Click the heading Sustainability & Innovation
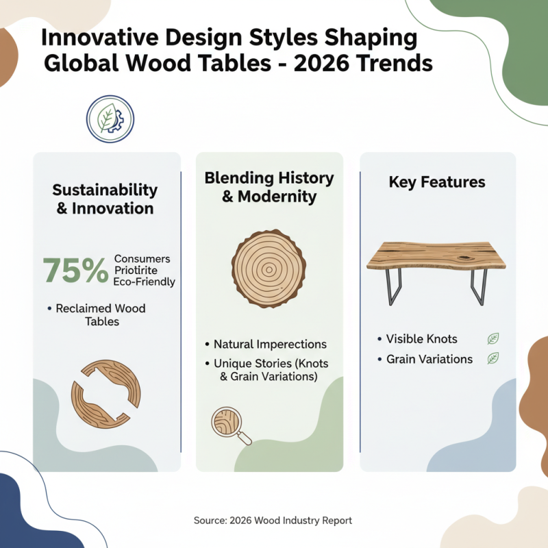coord(105,199)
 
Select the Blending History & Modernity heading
coord(269,187)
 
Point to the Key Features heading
coord(437,182)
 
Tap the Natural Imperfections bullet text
coord(270,344)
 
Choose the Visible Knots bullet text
coord(421,338)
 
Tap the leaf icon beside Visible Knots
coord(493,338)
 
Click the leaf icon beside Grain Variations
coord(493,358)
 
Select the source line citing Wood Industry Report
coord(273,521)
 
